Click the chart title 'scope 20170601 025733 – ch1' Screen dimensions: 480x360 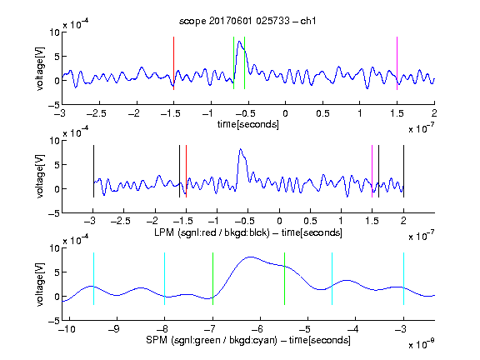(x=247, y=21)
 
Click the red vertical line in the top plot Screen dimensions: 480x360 (x=173, y=63)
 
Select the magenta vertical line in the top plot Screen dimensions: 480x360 (x=397, y=63)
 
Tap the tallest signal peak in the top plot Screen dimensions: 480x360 (x=239, y=42)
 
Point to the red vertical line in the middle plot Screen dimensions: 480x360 (x=186, y=171)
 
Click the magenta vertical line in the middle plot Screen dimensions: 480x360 (x=372, y=171)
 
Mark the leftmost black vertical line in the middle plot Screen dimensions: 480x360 (x=93, y=171)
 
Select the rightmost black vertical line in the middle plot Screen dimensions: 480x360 (x=403, y=171)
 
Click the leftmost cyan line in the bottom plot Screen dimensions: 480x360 (x=93, y=278)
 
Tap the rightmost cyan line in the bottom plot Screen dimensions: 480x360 (x=403, y=278)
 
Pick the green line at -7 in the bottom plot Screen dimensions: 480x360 (x=212, y=278)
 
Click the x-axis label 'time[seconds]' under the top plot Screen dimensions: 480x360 (x=248, y=124)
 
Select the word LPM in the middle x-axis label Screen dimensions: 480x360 (x=164, y=232)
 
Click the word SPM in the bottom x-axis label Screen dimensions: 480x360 (x=157, y=340)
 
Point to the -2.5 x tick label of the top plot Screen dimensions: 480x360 (x=96, y=113)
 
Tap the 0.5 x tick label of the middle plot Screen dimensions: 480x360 (x=310, y=221)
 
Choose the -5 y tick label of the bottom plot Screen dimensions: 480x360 (x=54, y=321)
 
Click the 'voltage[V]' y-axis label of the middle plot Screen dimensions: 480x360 (x=40, y=177)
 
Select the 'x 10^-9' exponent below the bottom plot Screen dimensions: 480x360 (x=422, y=344)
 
